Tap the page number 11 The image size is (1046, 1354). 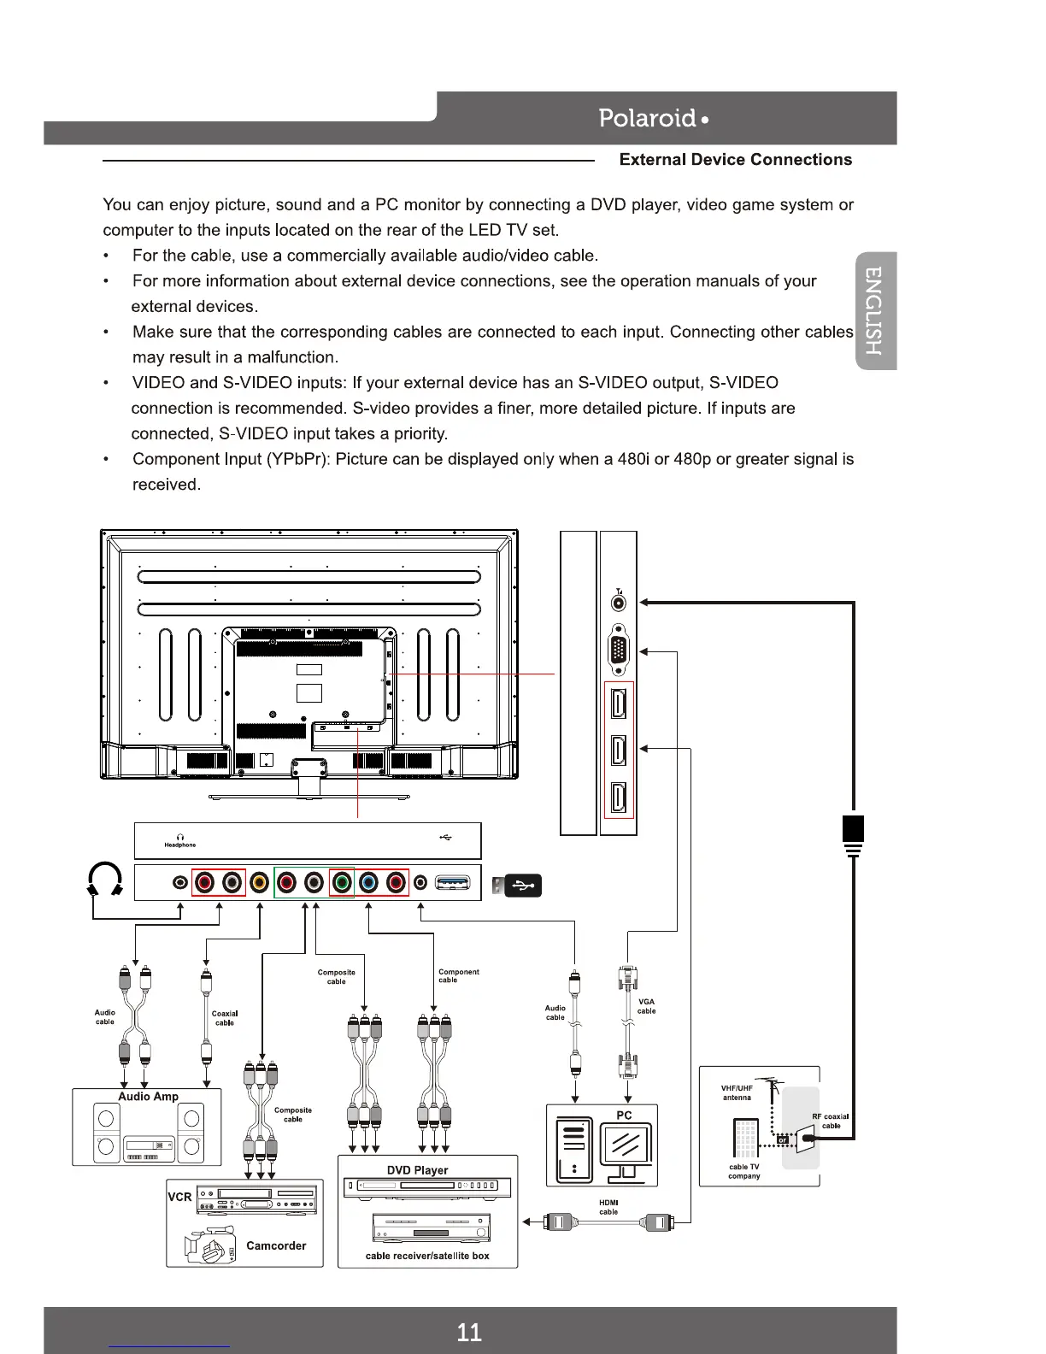tap(469, 1332)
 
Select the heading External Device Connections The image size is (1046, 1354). tap(735, 160)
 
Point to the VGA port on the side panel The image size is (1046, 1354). tap(619, 651)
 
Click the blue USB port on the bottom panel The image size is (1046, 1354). tap(452, 882)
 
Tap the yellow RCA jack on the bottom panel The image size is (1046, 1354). tap(260, 882)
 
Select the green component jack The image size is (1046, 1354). tap(342, 882)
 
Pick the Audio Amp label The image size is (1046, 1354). tap(148, 1097)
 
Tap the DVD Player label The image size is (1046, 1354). tap(417, 1170)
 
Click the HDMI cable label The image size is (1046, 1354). tap(608, 1207)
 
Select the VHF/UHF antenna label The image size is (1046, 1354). tap(737, 1092)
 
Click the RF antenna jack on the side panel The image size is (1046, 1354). tap(619, 603)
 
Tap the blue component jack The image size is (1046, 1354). tap(368, 882)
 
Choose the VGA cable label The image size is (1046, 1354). tap(646, 1006)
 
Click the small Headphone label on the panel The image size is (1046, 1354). tap(179, 845)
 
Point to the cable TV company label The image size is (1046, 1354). tap(743, 1171)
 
